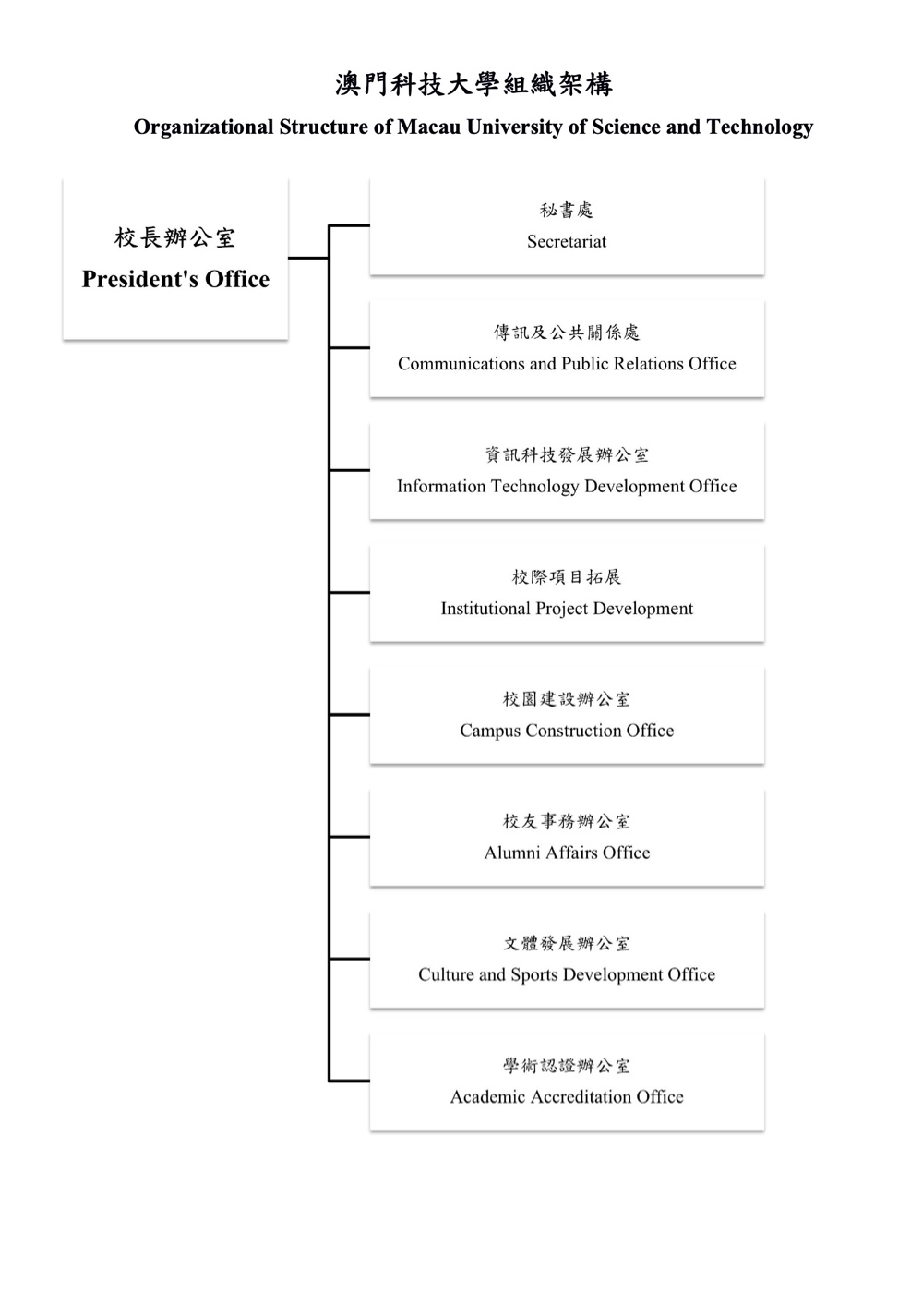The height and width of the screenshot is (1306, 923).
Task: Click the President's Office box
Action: coord(175,259)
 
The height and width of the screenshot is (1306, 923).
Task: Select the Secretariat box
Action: coord(567,226)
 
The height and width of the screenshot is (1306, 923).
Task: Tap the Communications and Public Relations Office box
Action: coord(567,348)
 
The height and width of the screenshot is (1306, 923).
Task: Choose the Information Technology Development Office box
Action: coord(567,470)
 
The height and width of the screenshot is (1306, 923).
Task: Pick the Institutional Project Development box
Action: coord(567,593)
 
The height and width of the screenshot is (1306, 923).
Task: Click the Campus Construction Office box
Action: coord(567,715)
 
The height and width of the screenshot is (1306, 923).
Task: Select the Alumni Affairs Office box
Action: coord(567,837)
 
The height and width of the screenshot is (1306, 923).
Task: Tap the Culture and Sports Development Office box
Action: coord(567,959)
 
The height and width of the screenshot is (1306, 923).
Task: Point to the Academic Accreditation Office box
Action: coord(567,1082)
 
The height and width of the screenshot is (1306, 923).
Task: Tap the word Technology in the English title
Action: coord(760,128)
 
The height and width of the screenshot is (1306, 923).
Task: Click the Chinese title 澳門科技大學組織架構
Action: coord(473,85)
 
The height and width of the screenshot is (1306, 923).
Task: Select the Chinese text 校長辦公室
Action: coord(174,238)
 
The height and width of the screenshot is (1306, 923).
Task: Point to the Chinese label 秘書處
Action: coord(567,210)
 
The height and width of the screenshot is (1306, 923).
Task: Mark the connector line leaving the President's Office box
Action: coord(308,258)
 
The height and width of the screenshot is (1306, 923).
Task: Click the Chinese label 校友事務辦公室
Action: coord(567,821)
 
